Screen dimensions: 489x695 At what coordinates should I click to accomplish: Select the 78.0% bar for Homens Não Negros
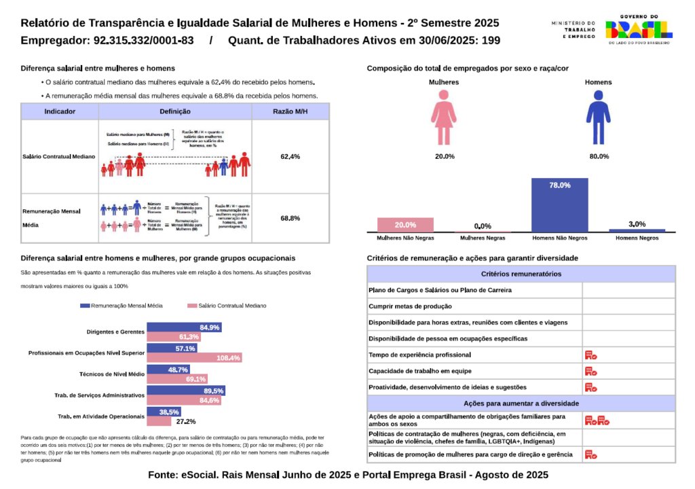tap(559, 204)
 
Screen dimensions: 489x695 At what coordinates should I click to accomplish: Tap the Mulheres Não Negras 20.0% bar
tap(405, 225)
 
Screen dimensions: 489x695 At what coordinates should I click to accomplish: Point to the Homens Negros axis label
tap(637, 238)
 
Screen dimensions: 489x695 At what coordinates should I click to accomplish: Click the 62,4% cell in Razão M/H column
tap(290, 157)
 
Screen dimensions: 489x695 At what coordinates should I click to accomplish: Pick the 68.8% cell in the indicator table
tap(290, 219)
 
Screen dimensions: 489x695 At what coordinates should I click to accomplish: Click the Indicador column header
tap(60, 111)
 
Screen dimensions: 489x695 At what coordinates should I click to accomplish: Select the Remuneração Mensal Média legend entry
tap(121, 306)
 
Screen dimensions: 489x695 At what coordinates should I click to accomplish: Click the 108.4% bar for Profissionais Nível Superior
tap(194, 358)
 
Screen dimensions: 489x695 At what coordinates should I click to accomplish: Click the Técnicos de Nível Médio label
tap(112, 374)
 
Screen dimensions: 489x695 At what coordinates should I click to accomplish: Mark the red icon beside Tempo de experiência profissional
tap(590, 355)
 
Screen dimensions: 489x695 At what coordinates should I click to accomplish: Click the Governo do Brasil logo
tap(639, 29)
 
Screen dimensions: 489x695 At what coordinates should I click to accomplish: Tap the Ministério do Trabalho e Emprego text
tap(573, 29)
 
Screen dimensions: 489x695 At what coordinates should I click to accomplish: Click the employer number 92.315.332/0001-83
tap(142, 40)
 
